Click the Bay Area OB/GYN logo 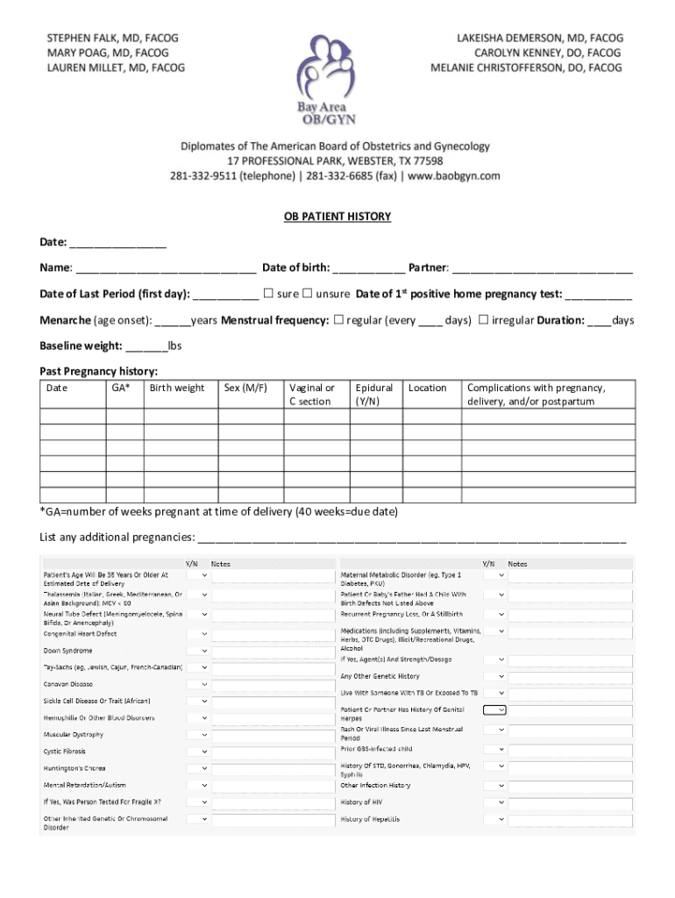point(325,80)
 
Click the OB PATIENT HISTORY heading point(337,217)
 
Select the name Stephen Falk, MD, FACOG point(112,39)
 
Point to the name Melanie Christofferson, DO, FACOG point(526,68)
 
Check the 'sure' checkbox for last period point(269,294)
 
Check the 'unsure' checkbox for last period point(308,294)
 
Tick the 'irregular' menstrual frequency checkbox point(483,320)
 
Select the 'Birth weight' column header point(177,388)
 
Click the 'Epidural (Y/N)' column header point(374,395)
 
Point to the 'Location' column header point(428,388)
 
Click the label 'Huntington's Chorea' point(75,768)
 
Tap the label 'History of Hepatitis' point(370,819)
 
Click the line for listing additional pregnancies point(412,538)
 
